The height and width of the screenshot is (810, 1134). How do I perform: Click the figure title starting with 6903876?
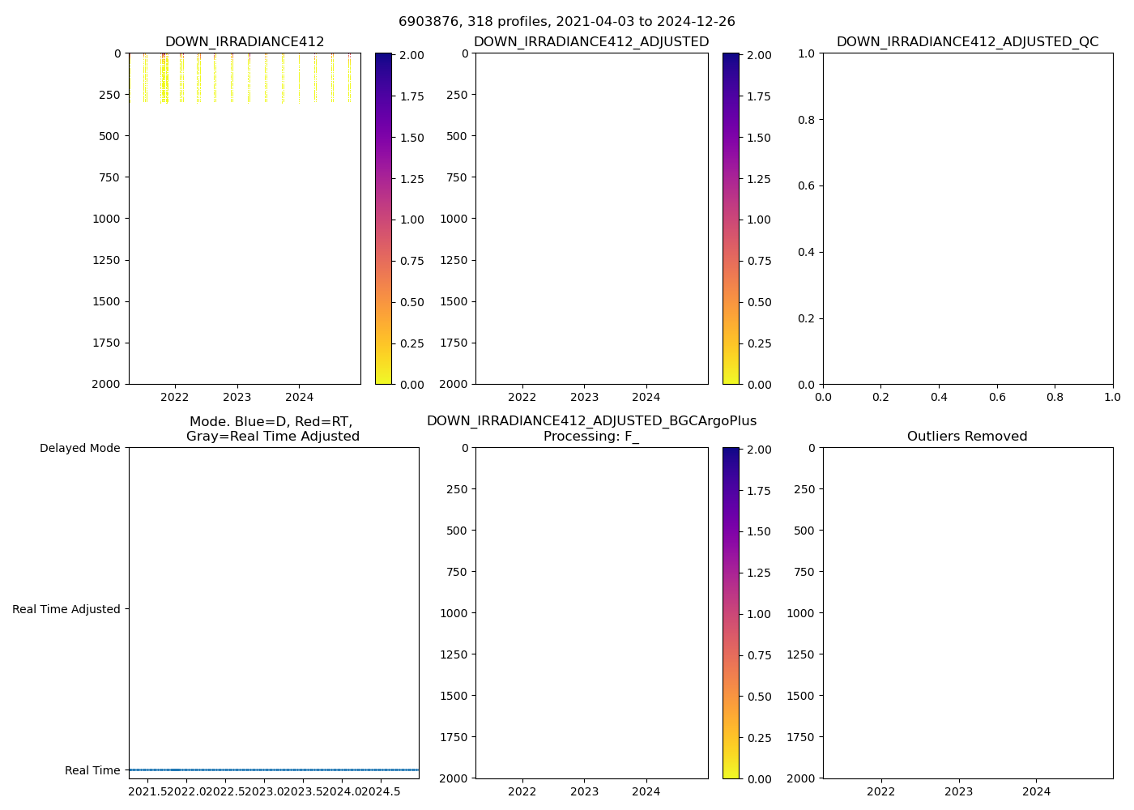566,22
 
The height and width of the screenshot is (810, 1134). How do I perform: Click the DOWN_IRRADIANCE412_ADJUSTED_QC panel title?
967,42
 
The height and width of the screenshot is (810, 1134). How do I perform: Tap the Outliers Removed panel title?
967,437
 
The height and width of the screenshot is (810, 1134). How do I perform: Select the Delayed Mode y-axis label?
79,448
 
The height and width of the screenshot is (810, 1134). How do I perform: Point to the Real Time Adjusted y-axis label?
66,609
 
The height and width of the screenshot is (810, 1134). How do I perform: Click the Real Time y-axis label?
92,770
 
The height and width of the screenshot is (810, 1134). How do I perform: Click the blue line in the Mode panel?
274,769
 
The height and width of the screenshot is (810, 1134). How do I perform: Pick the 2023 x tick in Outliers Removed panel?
958,791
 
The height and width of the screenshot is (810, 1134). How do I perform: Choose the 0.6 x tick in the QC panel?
996,397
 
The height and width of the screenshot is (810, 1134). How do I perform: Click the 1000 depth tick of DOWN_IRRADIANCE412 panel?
106,219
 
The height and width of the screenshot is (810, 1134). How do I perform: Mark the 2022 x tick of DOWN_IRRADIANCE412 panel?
175,397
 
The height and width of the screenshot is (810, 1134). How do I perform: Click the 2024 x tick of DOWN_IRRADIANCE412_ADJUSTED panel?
646,397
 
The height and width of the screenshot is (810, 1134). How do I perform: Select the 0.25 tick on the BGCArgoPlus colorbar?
759,738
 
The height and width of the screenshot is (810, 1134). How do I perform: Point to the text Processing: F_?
591,437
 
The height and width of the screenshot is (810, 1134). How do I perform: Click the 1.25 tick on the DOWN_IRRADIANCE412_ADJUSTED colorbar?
759,179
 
